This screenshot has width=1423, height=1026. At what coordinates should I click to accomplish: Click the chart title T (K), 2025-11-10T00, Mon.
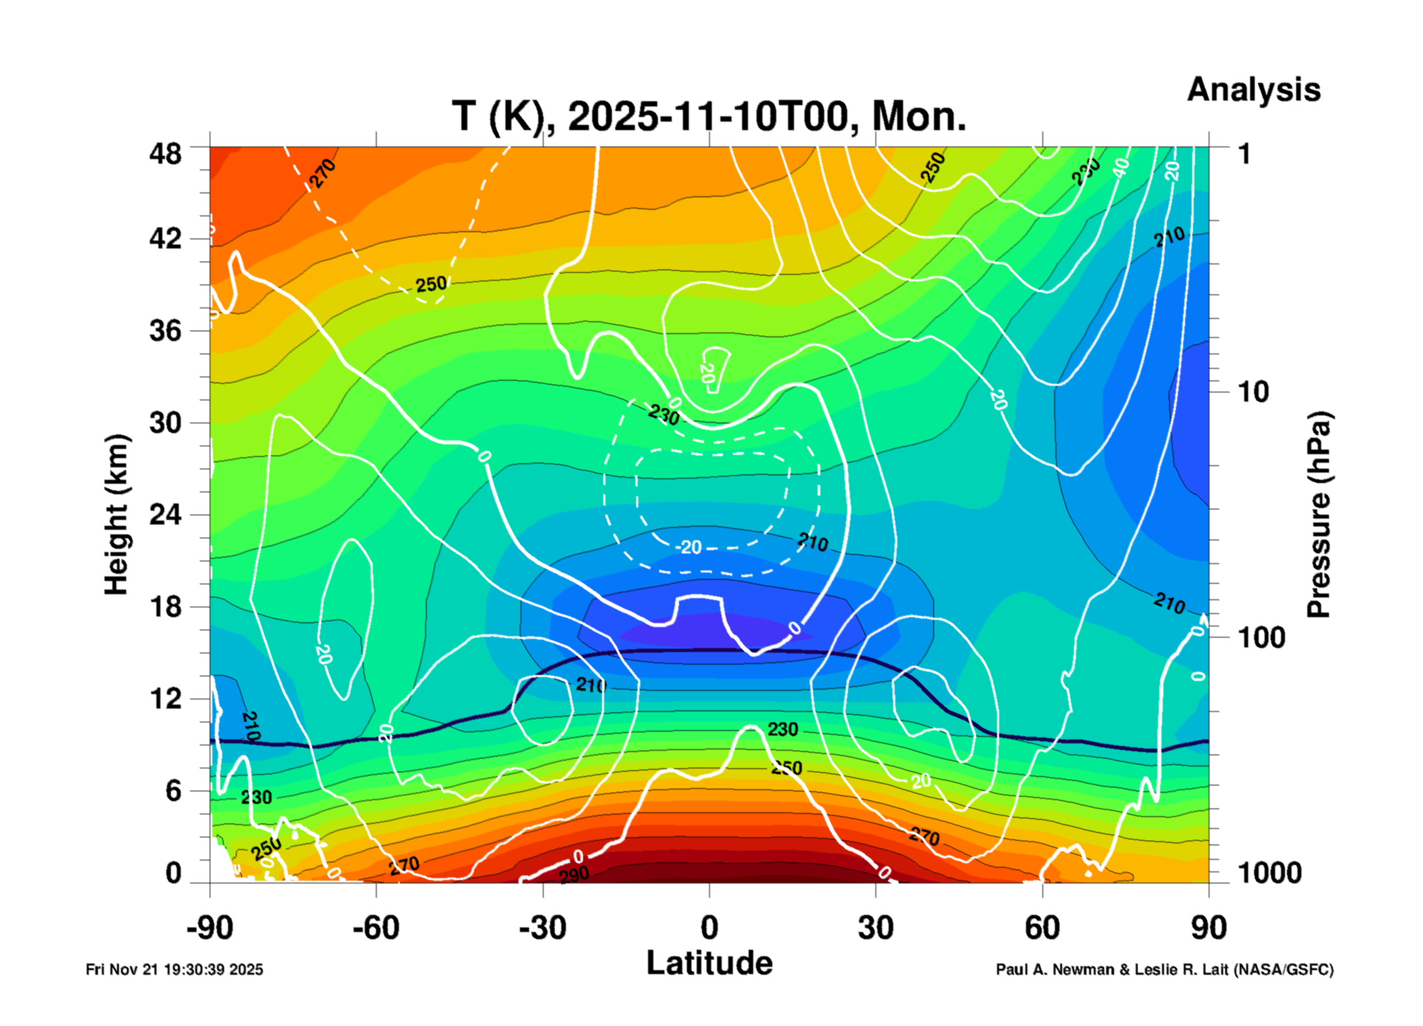click(x=709, y=117)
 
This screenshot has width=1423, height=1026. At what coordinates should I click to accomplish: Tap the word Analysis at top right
click(x=1253, y=90)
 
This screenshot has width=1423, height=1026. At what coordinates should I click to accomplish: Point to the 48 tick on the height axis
click(x=165, y=154)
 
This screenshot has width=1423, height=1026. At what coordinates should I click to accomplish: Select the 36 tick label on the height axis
click(x=165, y=331)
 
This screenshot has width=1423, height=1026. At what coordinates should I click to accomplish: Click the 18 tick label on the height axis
click(x=165, y=607)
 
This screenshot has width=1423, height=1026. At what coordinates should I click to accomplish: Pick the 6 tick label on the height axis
click(x=173, y=791)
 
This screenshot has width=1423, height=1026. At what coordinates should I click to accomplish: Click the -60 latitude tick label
click(x=375, y=928)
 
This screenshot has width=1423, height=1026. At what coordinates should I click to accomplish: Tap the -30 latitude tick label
click(x=542, y=928)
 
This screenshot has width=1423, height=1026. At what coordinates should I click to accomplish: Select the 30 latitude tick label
click(x=875, y=928)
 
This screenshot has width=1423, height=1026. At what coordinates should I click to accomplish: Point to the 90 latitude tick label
click(x=1209, y=928)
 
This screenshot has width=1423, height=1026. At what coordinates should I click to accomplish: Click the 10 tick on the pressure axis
click(x=1253, y=392)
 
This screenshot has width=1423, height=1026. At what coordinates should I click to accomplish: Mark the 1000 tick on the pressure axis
click(x=1269, y=873)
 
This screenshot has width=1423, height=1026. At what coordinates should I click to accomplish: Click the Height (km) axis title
click(x=116, y=515)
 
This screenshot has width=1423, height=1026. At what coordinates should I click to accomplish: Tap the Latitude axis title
click(x=709, y=964)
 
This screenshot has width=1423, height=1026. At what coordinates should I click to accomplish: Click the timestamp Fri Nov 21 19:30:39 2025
click(x=174, y=969)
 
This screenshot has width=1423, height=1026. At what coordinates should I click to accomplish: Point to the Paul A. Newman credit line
click(x=1164, y=969)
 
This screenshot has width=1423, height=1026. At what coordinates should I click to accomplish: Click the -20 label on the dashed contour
click(x=689, y=548)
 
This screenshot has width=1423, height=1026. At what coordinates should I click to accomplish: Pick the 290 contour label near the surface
click(x=574, y=875)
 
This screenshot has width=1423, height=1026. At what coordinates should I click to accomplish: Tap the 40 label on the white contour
click(x=1121, y=167)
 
